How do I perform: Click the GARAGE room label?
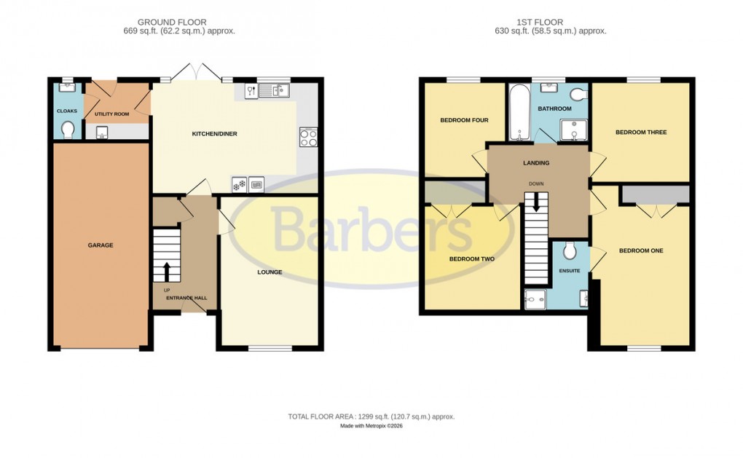(x=101, y=245)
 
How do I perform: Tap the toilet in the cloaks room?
(x=68, y=130)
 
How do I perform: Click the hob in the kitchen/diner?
(x=307, y=138)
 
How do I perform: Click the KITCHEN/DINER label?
(x=214, y=134)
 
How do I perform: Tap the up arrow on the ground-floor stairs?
(x=167, y=271)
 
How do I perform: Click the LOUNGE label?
(x=269, y=272)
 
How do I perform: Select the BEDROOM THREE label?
(x=641, y=133)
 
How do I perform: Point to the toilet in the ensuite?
(x=570, y=251)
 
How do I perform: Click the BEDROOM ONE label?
(x=641, y=251)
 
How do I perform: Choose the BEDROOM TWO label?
(x=472, y=258)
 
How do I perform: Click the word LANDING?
(x=536, y=163)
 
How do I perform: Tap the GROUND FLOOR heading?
(x=162, y=23)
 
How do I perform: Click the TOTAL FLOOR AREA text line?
(x=371, y=416)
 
